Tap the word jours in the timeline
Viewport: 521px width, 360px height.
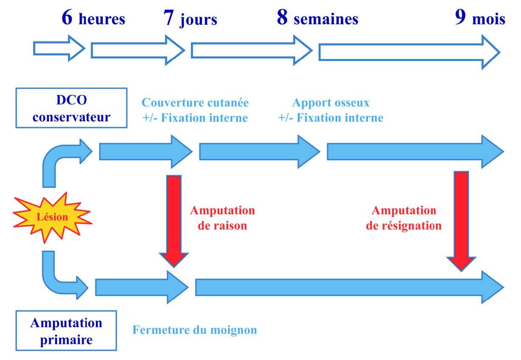point(198,20)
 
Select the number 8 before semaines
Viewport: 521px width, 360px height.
point(282,18)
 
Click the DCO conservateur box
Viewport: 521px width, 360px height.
point(71,108)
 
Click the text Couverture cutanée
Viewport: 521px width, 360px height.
point(195,103)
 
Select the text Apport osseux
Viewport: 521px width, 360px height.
point(331,103)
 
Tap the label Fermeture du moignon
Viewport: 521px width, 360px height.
point(194,330)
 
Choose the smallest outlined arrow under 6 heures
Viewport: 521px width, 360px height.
point(59,49)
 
